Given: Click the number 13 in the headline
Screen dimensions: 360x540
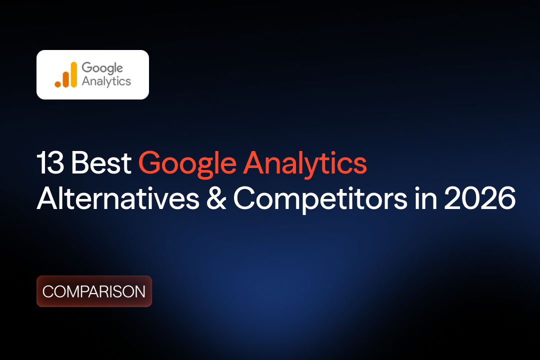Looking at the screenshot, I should [50, 163].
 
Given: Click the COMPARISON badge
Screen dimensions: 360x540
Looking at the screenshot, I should [94, 291].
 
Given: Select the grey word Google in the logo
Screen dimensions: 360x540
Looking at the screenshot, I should [102, 68].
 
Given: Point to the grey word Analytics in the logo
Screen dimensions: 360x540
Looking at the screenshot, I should [106, 81].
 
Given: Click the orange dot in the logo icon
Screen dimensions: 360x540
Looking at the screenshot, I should [58, 84].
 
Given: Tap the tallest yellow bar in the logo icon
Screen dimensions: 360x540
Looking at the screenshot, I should [73, 74].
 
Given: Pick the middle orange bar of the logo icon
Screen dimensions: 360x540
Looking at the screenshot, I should [65, 79].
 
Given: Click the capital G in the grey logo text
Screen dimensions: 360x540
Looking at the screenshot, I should [86, 68].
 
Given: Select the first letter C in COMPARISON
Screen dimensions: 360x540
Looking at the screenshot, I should [47, 291].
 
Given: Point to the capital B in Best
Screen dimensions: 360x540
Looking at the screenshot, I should [79, 163].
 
